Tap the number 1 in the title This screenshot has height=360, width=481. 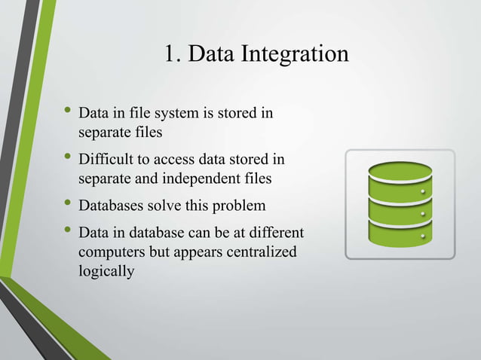[x=169, y=54]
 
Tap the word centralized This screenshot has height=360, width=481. [x=257, y=251]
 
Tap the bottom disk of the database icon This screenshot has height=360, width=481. [x=400, y=233]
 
